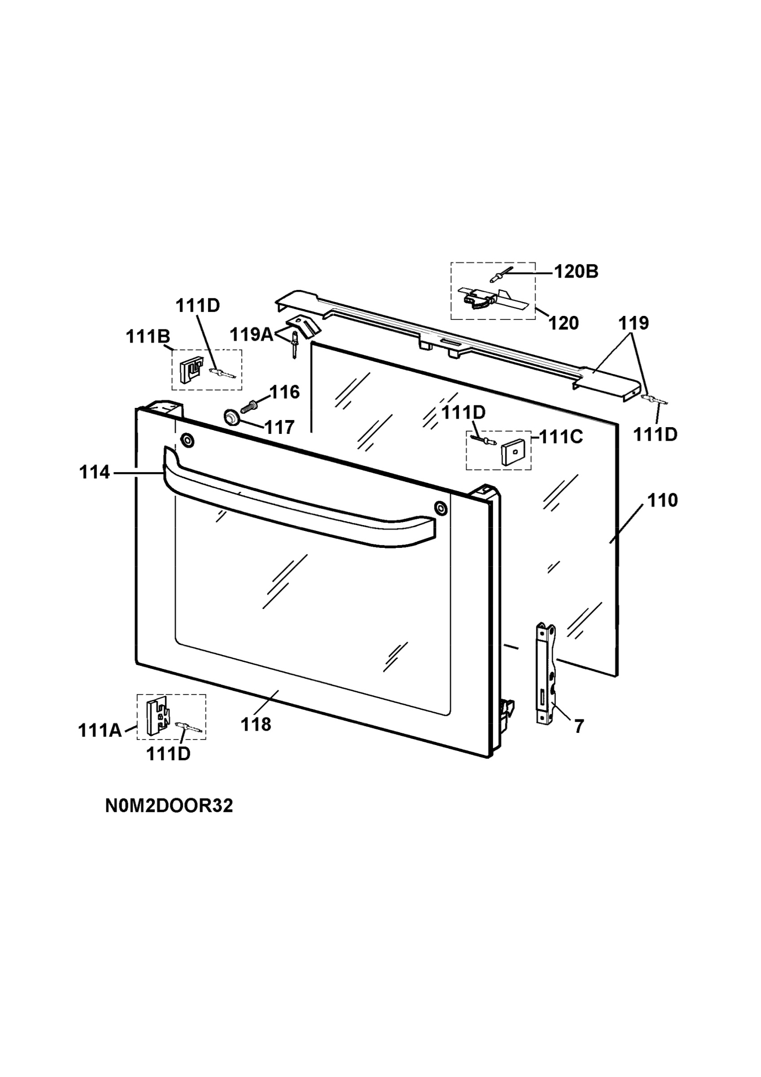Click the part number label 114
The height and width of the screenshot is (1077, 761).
pos(94,473)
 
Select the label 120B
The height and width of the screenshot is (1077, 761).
pos(576,271)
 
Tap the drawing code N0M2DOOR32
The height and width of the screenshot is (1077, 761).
pos(169,806)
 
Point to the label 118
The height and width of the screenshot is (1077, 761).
pos(256,725)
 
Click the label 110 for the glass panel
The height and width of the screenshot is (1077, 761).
pos(663,500)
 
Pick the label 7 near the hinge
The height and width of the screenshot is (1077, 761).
pos(579,727)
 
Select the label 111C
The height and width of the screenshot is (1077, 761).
pos(561,437)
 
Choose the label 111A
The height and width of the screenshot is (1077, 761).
pos(100,731)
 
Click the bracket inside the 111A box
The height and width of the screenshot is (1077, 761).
pos(158,717)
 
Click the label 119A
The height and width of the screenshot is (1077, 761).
pos(251,335)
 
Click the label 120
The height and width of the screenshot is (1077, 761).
pos(564,323)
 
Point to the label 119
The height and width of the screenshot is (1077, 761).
pos(634,323)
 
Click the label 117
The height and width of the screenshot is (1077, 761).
pos(280,427)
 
